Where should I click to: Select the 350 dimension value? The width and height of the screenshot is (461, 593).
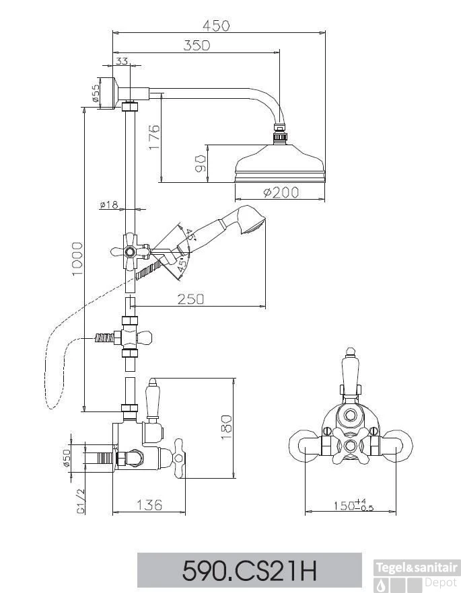coord(196,45)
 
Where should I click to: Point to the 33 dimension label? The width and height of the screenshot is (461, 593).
coord(122,61)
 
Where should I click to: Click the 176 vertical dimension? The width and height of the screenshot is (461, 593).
coord(153,138)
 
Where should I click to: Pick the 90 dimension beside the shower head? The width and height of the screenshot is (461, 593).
coord(200,163)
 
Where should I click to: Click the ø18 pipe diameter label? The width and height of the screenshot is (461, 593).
coord(108,205)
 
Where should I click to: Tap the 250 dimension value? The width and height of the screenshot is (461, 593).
coord(190,300)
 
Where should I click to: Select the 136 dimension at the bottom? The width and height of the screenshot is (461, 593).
coord(149,504)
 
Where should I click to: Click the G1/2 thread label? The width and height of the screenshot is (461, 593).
coord(79,502)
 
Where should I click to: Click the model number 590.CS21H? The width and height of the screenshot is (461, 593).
coord(249,571)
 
